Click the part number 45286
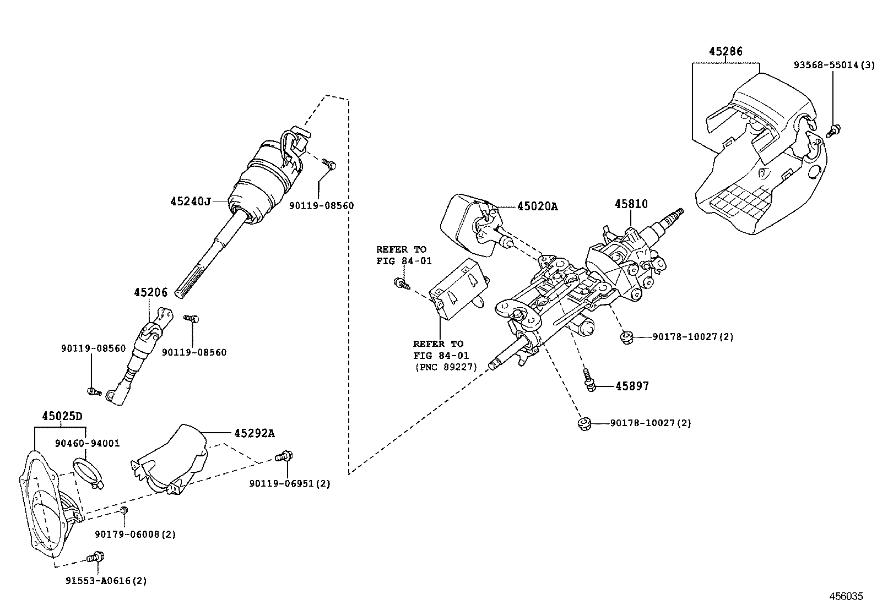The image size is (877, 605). point(726,52)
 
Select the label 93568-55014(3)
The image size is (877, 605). point(833,64)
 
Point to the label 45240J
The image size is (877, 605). point(191,201)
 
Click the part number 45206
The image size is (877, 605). point(150,292)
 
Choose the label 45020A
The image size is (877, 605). point(537,206)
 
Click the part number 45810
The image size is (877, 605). point(631,204)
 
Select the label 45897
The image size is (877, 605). point(632,386)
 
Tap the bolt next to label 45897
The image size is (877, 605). point(589,380)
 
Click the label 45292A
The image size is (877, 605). point(254,433)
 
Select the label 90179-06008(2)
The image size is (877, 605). point(135,534)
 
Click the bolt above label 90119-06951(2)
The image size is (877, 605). point(284,456)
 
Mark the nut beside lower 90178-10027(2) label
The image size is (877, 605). point(583,423)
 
